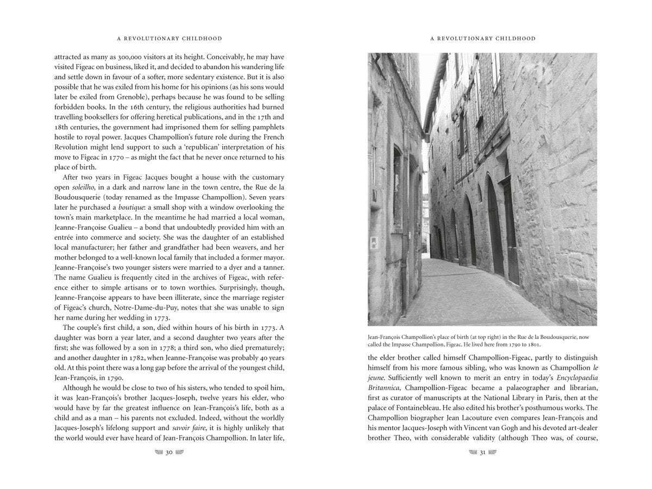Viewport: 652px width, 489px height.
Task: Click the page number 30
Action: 168,452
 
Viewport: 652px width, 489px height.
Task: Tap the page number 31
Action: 482,452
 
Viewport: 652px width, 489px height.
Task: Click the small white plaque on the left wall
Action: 373,245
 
